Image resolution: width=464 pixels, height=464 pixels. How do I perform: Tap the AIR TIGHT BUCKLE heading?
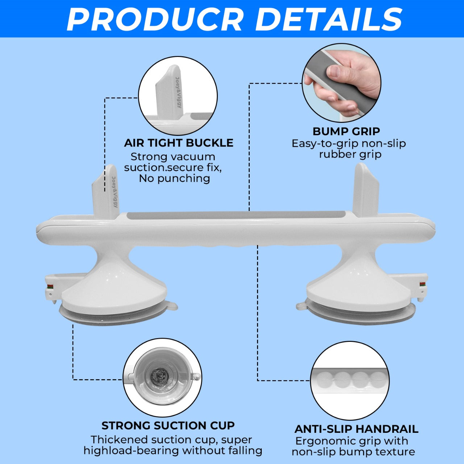pyautogui.click(x=179, y=143)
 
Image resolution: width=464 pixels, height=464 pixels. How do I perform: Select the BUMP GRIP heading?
pyautogui.click(x=346, y=131)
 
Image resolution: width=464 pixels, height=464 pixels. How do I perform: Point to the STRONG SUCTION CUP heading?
pyautogui.click(x=168, y=425)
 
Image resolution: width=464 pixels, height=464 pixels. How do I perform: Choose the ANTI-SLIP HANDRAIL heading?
pyautogui.click(x=356, y=429)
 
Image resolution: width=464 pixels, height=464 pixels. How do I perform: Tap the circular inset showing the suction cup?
pyautogui.click(x=162, y=377)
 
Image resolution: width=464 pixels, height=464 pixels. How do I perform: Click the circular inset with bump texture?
pyautogui.click(x=350, y=381)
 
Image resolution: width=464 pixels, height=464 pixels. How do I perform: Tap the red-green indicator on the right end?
pyautogui.click(x=422, y=284)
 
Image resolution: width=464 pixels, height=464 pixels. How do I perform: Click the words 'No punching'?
pyautogui.click(x=174, y=178)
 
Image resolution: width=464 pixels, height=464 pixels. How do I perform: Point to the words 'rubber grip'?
pyautogui.click(x=350, y=154)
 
